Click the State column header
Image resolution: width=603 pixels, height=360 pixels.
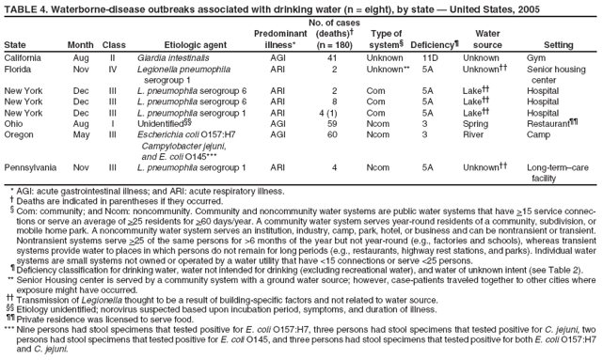point(17,44)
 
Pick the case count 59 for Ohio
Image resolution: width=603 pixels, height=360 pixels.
point(331,123)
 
